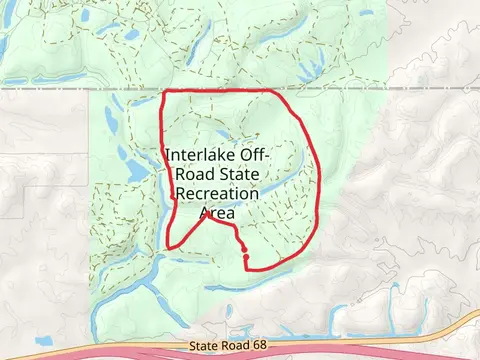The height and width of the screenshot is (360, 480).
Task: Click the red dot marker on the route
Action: pyautogui.click(x=246, y=258)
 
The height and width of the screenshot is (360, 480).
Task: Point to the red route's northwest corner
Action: pyautogui.click(x=165, y=93)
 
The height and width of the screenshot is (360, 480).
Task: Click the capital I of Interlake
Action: pyautogui.click(x=168, y=156)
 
